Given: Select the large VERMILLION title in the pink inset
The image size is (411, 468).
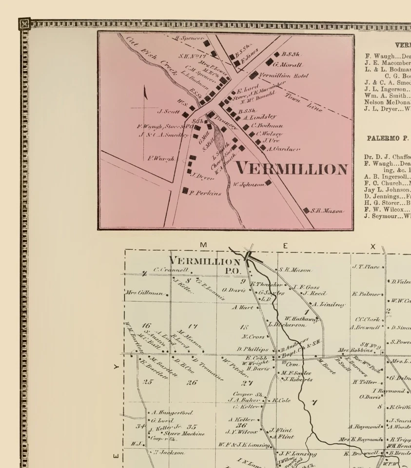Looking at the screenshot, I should coord(292,169).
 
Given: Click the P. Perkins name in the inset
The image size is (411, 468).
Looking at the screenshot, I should coord(205,193).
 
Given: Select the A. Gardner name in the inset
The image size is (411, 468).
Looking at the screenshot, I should coord(283,148).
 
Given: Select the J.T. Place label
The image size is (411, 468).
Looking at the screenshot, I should coord(366,267).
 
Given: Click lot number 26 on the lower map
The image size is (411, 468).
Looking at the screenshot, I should coord(192,382).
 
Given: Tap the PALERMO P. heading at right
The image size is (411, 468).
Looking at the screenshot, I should coord(388,138).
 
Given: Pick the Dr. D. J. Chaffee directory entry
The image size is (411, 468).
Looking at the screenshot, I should coord(387,157).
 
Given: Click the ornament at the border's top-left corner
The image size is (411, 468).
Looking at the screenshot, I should coord(24,23).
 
